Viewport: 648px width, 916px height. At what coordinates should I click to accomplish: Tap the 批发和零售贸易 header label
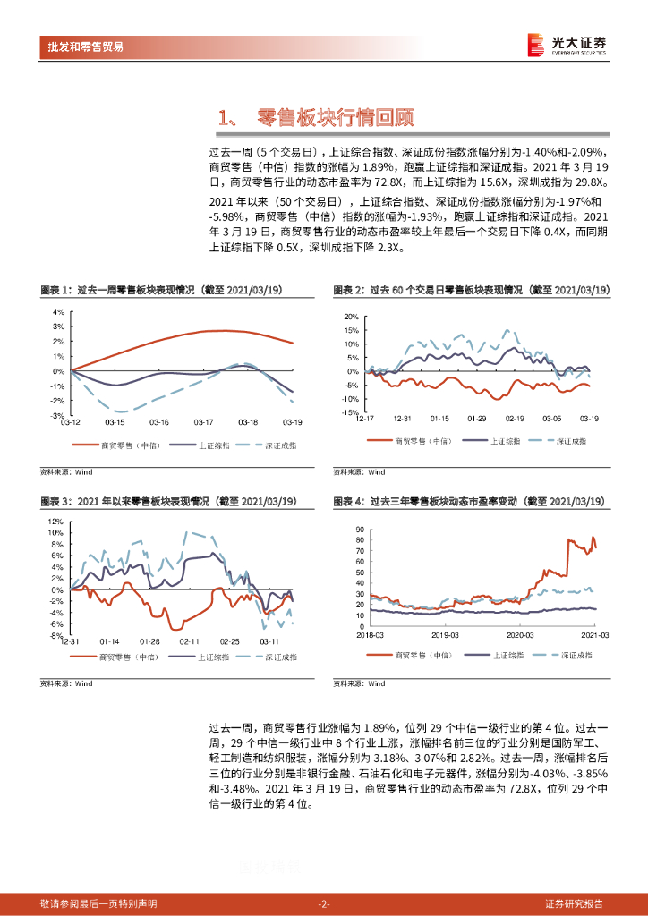tap(86, 47)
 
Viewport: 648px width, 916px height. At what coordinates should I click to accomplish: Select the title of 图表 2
tap(471, 291)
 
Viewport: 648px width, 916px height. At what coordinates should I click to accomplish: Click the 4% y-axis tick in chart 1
tap(58, 312)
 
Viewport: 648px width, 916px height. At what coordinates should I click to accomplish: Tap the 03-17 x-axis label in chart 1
tap(203, 422)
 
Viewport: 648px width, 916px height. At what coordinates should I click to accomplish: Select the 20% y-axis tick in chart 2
tap(350, 318)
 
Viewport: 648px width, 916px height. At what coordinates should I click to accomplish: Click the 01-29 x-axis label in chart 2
tap(476, 419)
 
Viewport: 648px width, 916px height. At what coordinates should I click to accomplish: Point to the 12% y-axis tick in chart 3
tap(55, 521)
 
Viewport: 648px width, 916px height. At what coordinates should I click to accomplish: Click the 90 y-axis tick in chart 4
tap(359, 530)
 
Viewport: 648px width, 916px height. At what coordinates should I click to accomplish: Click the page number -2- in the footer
tap(324, 903)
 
